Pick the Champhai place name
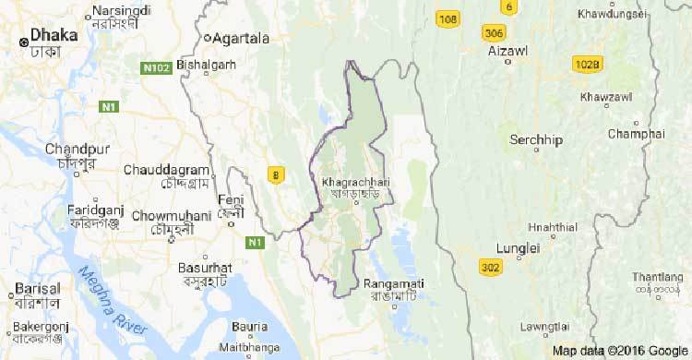pyautogui.click(x=636, y=134)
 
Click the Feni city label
pyautogui.click(x=230, y=200)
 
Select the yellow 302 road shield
pyautogui.click(x=492, y=267)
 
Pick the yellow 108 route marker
pyautogui.click(x=448, y=19)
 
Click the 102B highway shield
pyautogui.click(x=586, y=65)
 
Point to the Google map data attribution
pyautogui.click(x=619, y=352)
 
